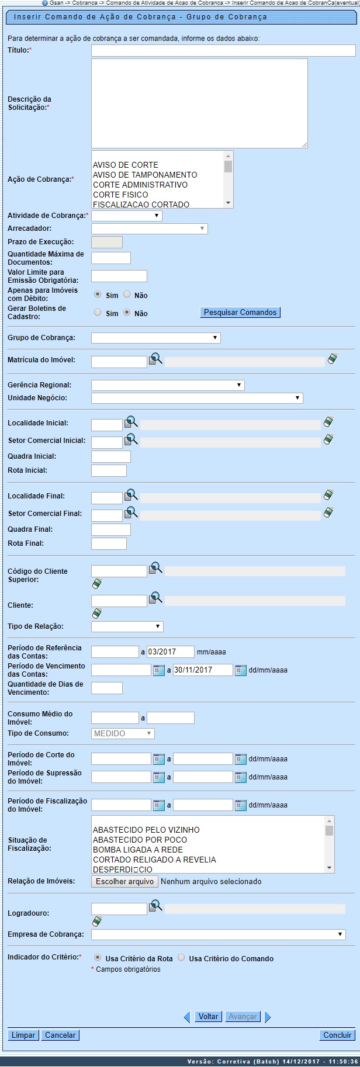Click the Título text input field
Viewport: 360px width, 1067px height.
click(x=223, y=51)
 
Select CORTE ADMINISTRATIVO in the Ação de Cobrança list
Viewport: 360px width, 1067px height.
click(x=140, y=185)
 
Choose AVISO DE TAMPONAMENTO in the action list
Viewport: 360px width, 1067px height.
click(x=145, y=175)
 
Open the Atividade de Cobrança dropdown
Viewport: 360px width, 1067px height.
click(x=126, y=216)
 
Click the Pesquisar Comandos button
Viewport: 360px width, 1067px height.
click(x=240, y=313)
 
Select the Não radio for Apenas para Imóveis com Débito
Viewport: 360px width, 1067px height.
click(x=127, y=295)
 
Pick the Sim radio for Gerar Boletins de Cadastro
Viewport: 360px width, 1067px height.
click(x=98, y=313)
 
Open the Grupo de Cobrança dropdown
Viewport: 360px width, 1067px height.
click(x=155, y=338)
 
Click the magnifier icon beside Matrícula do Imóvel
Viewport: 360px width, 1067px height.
click(x=155, y=359)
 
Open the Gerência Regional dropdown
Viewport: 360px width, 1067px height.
click(x=167, y=385)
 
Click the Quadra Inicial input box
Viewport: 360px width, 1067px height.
click(x=110, y=456)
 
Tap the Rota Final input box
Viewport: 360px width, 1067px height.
click(x=109, y=543)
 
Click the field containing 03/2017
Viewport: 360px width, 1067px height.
click(x=170, y=652)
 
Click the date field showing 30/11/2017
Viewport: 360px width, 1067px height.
click(x=202, y=670)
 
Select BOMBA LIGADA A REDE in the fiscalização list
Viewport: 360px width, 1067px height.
click(x=138, y=850)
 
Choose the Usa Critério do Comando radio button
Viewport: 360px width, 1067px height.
click(x=181, y=958)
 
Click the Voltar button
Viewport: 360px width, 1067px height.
click(x=208, y=1016)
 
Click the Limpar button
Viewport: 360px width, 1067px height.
click(x=23, y=1035)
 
